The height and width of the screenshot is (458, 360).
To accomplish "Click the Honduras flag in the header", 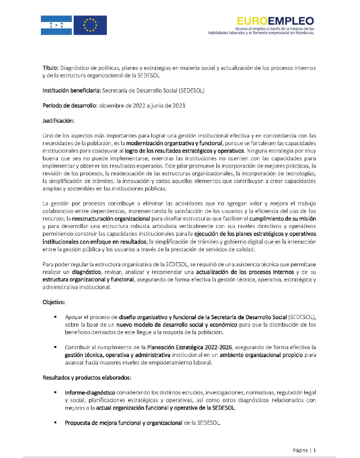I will click(x=56, y=25).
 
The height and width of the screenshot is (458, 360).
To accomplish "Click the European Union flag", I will click(x=91, y=25).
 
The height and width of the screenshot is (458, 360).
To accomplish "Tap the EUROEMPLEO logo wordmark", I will click(x=275, y=21).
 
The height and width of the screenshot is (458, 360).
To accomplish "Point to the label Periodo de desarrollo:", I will click(x=69, y=105).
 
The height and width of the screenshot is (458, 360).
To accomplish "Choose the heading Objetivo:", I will click(x=54, y=302).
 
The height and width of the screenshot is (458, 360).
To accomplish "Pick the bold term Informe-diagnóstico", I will click(x=88, y=393).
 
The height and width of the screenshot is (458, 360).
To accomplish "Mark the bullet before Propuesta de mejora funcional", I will click(x=55, y=422).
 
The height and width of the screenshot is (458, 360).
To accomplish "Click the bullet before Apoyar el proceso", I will click(x=55, y=317).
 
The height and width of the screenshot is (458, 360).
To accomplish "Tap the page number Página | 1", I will click(x=304, y=450).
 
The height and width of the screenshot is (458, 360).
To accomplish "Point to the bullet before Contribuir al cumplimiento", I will click(x=55, y=347).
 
